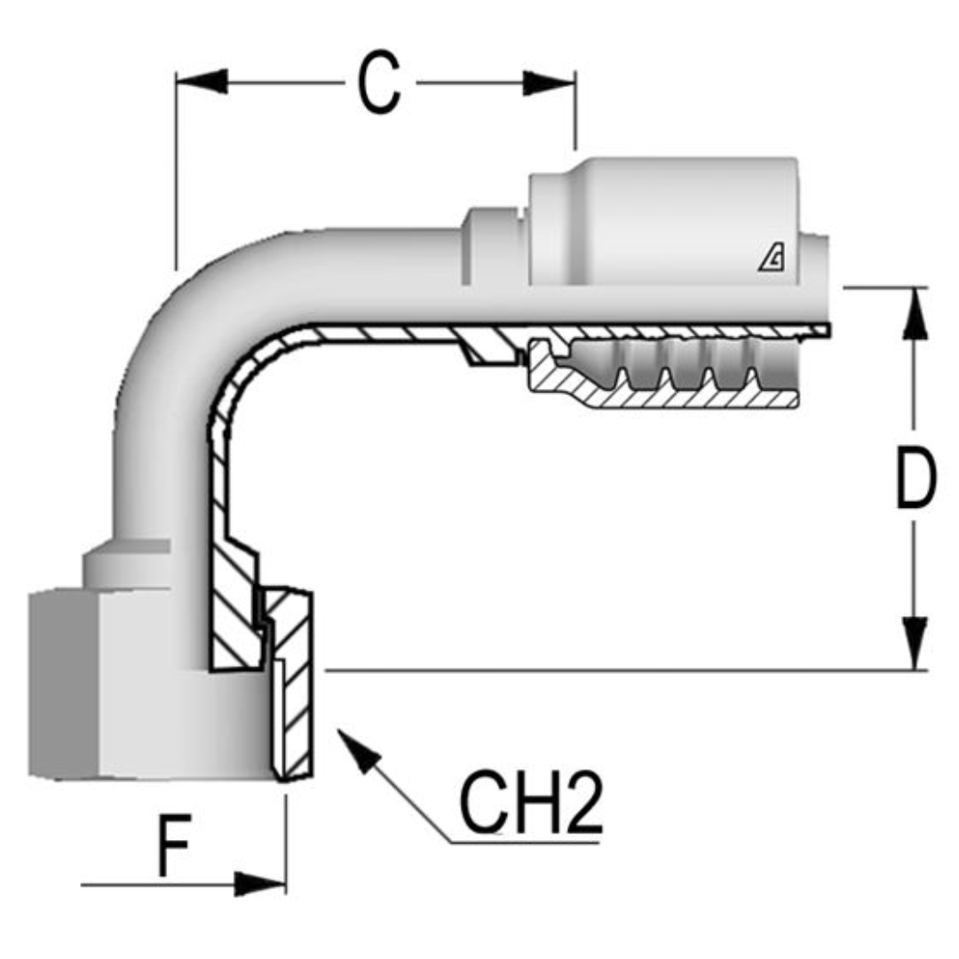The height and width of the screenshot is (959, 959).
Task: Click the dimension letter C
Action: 379,83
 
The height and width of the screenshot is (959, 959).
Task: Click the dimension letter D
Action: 915,479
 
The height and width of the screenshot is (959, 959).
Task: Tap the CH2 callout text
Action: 530,804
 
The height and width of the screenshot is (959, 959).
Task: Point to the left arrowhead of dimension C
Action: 201,83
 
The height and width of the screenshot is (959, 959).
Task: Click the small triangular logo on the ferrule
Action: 771,259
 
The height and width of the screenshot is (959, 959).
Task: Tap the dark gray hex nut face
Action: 62,684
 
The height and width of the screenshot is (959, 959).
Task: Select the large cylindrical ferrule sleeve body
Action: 666,222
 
